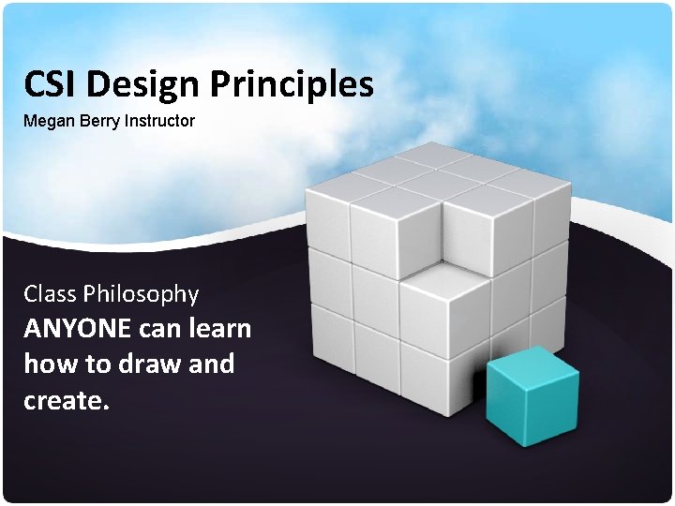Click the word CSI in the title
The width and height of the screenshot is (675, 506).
(52, 84)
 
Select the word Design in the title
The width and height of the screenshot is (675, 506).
(142, 84)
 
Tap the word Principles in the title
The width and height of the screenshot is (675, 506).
(292, 84)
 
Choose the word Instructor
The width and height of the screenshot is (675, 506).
(160, 121)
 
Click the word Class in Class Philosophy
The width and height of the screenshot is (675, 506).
(51, 294)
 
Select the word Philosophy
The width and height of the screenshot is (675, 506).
(142, 294)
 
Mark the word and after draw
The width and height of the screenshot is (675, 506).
(212, 365)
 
